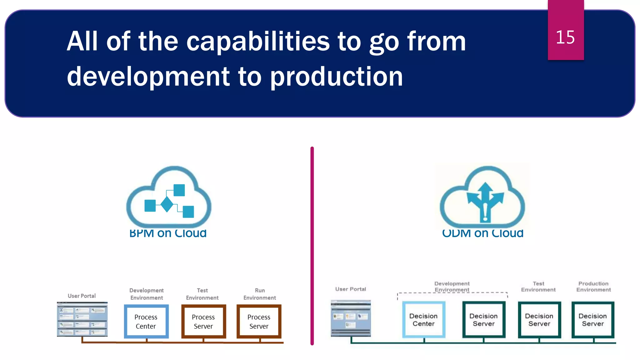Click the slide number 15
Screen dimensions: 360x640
point(565,37)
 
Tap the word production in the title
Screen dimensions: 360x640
point(336,77)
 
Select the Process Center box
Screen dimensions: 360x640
point(146,322)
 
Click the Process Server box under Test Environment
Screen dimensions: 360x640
point(203,322)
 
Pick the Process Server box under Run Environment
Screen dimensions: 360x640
point(259,322)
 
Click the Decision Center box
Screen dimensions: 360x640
point(423,320)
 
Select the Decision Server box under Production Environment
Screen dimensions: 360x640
point(593,320)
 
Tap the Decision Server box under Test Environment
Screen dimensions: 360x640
point(539,320)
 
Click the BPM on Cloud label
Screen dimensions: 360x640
point(168,233)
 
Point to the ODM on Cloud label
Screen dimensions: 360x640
point(482,233)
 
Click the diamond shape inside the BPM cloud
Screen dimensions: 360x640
point(167,204)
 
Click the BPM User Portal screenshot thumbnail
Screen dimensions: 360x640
point(82,319)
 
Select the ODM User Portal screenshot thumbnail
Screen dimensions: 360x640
point(351,318)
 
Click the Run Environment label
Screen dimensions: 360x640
point(260,294)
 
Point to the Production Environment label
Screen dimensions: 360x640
point(593,287)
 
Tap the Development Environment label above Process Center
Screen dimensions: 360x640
point(147,294)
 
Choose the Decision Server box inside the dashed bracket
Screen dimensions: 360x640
point(483,320)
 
